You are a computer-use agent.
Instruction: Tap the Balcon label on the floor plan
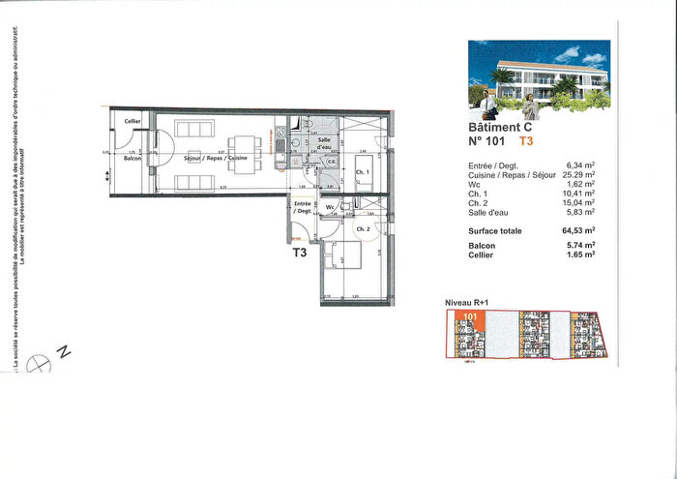(132, 158)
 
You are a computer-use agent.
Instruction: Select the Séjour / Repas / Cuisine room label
(210, 158)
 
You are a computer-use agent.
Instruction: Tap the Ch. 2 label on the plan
(365, 228)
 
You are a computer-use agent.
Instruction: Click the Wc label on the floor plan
(331, 208)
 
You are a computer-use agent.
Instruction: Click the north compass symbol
(42, 364)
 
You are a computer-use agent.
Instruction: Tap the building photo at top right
(540, 75)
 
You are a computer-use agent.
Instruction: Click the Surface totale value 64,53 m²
(576, 231)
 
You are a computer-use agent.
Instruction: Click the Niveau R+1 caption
(466, 304)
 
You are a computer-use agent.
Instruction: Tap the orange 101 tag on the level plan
(471, 316)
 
